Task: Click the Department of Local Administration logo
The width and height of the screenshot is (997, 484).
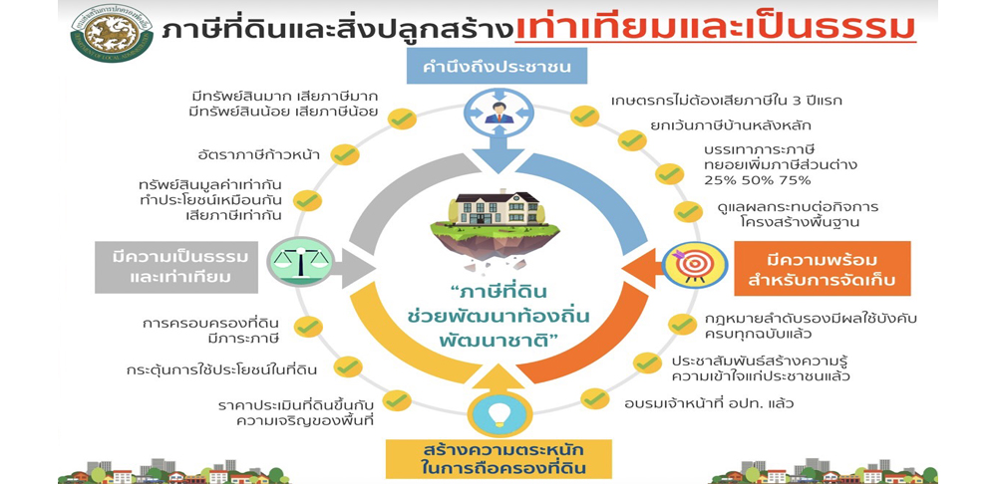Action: tap(112, 33)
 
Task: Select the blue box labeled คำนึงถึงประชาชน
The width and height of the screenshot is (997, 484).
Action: tap(497, 67)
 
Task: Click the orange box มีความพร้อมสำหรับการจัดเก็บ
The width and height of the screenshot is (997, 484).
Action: tap(823, 269)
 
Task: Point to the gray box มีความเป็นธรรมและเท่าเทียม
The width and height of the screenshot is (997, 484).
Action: tap(176, 267)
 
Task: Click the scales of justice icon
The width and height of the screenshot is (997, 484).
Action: tap(300, 261)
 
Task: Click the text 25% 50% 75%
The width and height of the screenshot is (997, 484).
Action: tap(758, 179)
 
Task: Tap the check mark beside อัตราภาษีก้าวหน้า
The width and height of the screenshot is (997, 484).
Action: tap(345, 154)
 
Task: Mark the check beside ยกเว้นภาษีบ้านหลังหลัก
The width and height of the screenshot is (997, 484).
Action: tap(632, 140)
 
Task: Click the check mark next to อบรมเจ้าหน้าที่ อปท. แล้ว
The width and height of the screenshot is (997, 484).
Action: tap(594, 399)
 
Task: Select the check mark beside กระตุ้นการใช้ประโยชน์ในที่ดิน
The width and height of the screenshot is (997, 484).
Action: tap(348, 366)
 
